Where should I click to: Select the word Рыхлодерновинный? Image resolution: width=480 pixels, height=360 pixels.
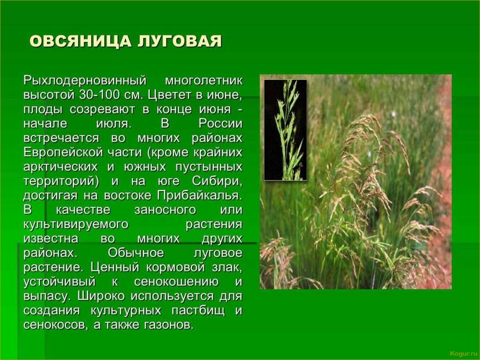click(x=85, y=81)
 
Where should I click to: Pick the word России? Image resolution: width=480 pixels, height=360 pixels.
click(x=221, y=124)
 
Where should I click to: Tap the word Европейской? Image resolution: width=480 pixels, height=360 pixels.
click(x=63, y=153)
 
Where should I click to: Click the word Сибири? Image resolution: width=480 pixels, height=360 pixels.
click(x=217, y=182)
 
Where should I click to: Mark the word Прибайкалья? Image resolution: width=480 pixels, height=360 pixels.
click(x=199, y=196)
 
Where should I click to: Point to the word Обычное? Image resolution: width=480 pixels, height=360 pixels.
click(x=136, y=253)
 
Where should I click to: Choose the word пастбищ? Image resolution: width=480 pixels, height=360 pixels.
click(x=198, y=311)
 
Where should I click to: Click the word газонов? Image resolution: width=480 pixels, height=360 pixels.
click(x=169, y=325)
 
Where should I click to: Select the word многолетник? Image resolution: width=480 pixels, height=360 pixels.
click(x=204, y=81)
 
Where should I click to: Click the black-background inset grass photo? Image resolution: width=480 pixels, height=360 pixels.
click(x=286, y=130)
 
